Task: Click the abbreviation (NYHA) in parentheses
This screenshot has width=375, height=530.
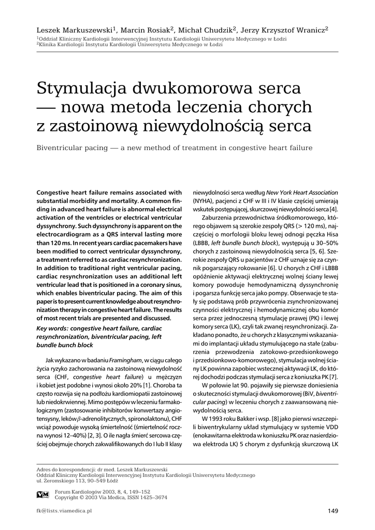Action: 205,201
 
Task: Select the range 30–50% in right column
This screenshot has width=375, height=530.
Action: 326,243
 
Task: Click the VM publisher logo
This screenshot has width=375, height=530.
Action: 43,494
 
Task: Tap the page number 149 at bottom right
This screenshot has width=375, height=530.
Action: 333,511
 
